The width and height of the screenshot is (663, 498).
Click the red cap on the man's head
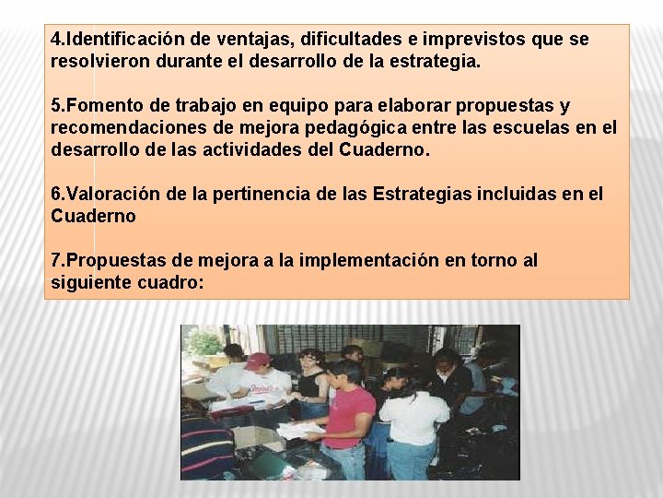(259, 359)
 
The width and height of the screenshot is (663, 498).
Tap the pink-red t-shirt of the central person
(348, 416)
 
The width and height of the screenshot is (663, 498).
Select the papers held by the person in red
(300, 430)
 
